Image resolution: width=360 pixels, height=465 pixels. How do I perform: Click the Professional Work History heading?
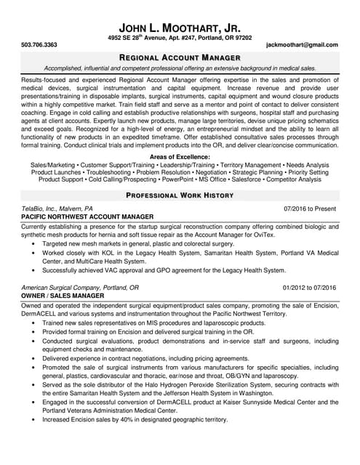click(180, 196)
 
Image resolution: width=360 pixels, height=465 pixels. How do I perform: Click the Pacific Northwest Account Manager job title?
click(88, 217)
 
